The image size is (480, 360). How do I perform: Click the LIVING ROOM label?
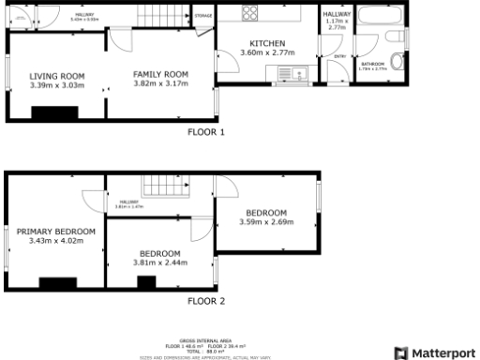coord(56,76)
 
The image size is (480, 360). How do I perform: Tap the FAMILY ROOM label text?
coord(160,73)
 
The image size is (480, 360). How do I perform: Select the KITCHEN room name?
coord(267,44)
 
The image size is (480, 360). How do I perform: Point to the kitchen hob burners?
coord(252,14)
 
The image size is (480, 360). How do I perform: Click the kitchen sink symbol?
coord(302,72)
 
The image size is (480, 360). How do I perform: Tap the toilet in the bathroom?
coord(398,63)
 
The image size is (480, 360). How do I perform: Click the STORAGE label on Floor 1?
coord(202,16)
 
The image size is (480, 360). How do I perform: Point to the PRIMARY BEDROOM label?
coord(56,232)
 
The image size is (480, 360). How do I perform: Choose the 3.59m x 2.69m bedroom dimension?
coord(266,222)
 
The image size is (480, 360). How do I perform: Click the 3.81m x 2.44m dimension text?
coord(160,263)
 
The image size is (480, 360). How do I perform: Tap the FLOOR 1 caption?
coord(206,132)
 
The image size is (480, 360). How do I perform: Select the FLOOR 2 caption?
coord(206,301)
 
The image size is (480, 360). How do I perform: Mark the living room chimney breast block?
coord(45,113)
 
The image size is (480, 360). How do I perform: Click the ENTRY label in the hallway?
coord(339,57)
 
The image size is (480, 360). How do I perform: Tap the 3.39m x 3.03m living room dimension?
coord(56,85)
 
